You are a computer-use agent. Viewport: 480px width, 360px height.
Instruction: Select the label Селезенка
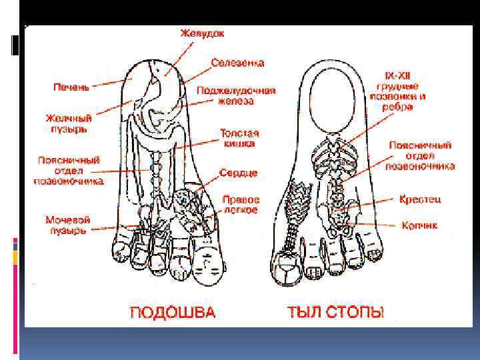(x=237, y=63)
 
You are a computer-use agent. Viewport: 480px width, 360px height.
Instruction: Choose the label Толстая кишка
(x=239, y=137)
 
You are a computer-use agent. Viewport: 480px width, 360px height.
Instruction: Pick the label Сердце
(x=239, y=172)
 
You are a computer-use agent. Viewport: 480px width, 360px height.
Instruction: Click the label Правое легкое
(x=241, y=205)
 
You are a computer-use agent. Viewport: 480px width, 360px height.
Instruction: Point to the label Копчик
(x=419, y=225)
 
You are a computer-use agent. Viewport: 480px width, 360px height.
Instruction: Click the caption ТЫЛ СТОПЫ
(x=335, y=312)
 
